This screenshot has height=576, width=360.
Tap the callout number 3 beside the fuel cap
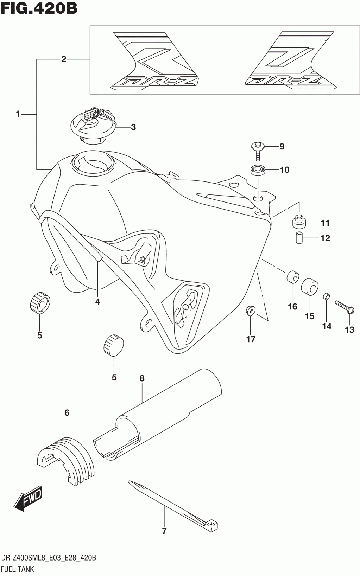[x=133, y=127]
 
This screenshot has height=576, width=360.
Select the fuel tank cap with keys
[x=94, y=126]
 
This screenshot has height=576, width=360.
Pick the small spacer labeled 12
[x=299, y=237]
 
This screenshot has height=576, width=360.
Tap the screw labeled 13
[x=343, y=306]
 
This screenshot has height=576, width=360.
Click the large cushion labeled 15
[x=310, y=287]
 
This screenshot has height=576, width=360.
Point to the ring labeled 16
[x=292, y=277]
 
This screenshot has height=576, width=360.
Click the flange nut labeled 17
[x=250, y=311]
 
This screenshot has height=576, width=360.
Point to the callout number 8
[x=142, y=378]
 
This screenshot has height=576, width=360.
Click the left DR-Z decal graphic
[x=155, y=61]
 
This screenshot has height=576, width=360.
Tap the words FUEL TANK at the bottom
[x=18, y=569]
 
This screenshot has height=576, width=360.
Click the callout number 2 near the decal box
[x=64, y=59]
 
